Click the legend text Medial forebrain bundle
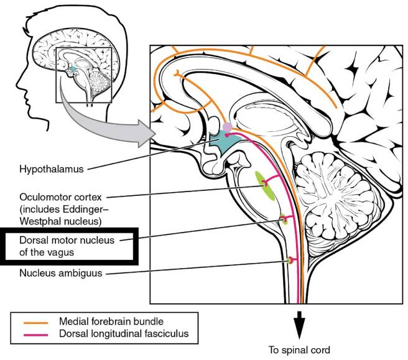[111, 322]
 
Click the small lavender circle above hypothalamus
[228, 127]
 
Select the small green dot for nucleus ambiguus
[289, 259]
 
